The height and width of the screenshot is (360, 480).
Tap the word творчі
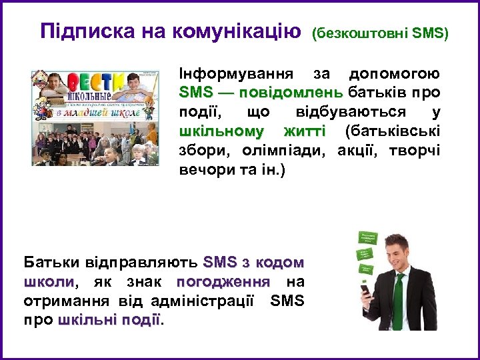click(418, 149)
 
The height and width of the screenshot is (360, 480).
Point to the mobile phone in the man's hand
click(366, 291)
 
